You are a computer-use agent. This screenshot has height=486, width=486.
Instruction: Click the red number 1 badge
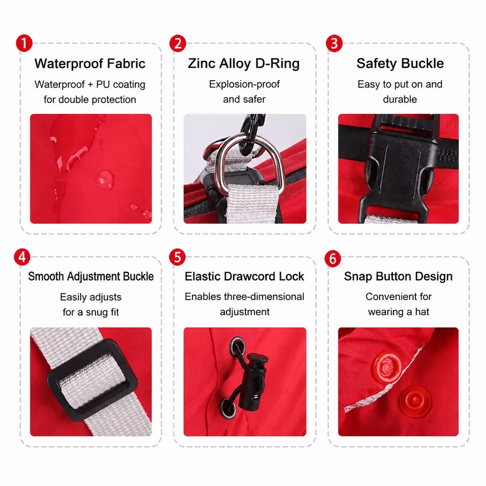pyautogui.click(x=24, y=43)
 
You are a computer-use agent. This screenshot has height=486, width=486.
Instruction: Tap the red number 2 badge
pyautogui.click(x=178, y=43)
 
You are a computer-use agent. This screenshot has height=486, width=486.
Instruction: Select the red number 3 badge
pyautogui.click(x=334, y=43)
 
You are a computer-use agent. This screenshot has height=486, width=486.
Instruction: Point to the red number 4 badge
pyautogui.click(x=22, y=257)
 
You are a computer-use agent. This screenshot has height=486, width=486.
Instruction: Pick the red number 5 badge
pyautogui.click(x=178, y=257)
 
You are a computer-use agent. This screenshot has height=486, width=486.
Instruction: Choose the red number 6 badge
pyautogui.click(x=333, y=259)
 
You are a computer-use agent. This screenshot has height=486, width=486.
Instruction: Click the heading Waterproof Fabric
pyautogui.click(x=90, y=64)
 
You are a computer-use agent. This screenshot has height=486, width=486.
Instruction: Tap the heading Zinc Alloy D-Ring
pyautogui.click(x=243, y=64)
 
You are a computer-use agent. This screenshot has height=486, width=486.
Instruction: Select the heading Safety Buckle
pyautogui.click(x=400, y=64)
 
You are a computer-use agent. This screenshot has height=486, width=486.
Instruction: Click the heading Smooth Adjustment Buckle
pyautogui.click(x=91, y=276)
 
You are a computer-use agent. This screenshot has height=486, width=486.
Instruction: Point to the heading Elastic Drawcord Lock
pyautogui.click(x=244, y=276)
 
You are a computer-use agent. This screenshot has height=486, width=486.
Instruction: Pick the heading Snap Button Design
pyautogui.click(x=398, y=276)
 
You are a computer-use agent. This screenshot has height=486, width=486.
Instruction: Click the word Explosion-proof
pyautogui.click(x=244, y=84)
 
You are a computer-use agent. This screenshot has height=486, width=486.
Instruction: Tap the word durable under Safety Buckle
pyautogui.click(x=400, y=99)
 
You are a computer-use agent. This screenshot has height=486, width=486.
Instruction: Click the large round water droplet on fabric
pyautogui.click(x=104, y=180)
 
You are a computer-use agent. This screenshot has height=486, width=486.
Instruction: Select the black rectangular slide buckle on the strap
pyautogui.click(x=93, y=380)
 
